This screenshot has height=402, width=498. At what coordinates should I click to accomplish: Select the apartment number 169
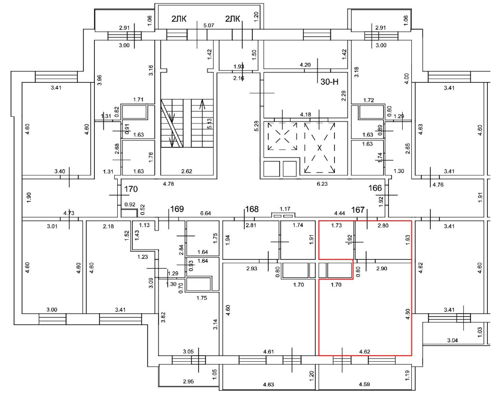(176, 209)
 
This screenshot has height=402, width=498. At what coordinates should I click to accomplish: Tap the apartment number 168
(252, 209)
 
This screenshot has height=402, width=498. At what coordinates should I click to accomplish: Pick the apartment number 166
(375, 188)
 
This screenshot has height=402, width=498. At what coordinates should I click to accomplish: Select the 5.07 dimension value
(208, 25)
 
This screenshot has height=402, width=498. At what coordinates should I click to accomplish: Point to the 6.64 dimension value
(206, 213)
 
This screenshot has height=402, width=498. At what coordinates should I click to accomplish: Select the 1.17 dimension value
(284, 208)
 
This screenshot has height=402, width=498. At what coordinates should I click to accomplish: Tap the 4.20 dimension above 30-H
(305, 65)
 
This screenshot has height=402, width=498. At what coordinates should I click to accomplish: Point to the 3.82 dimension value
(163, 317)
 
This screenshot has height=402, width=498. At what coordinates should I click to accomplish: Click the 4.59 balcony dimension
(364, 384)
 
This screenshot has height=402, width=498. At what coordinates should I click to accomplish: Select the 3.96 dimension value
(100, 80)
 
